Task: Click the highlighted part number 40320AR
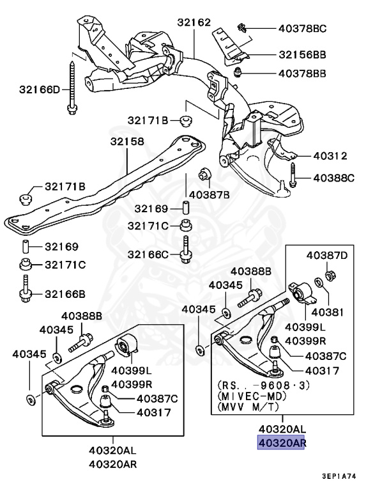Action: [281, 442]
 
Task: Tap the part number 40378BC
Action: [302, 28]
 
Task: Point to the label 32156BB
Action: [302, 55]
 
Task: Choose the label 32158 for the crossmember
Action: [126, 141]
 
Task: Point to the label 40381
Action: [324, 313]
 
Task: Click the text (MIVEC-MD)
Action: [250, 396]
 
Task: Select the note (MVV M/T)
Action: [247, 407]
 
